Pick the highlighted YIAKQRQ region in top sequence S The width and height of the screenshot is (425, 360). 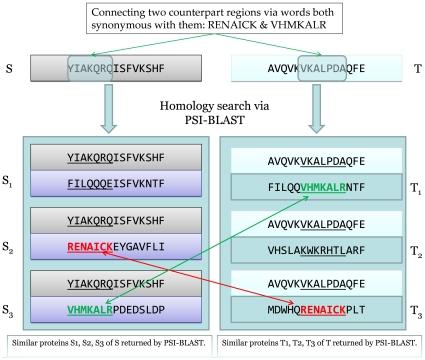coord(70,69)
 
